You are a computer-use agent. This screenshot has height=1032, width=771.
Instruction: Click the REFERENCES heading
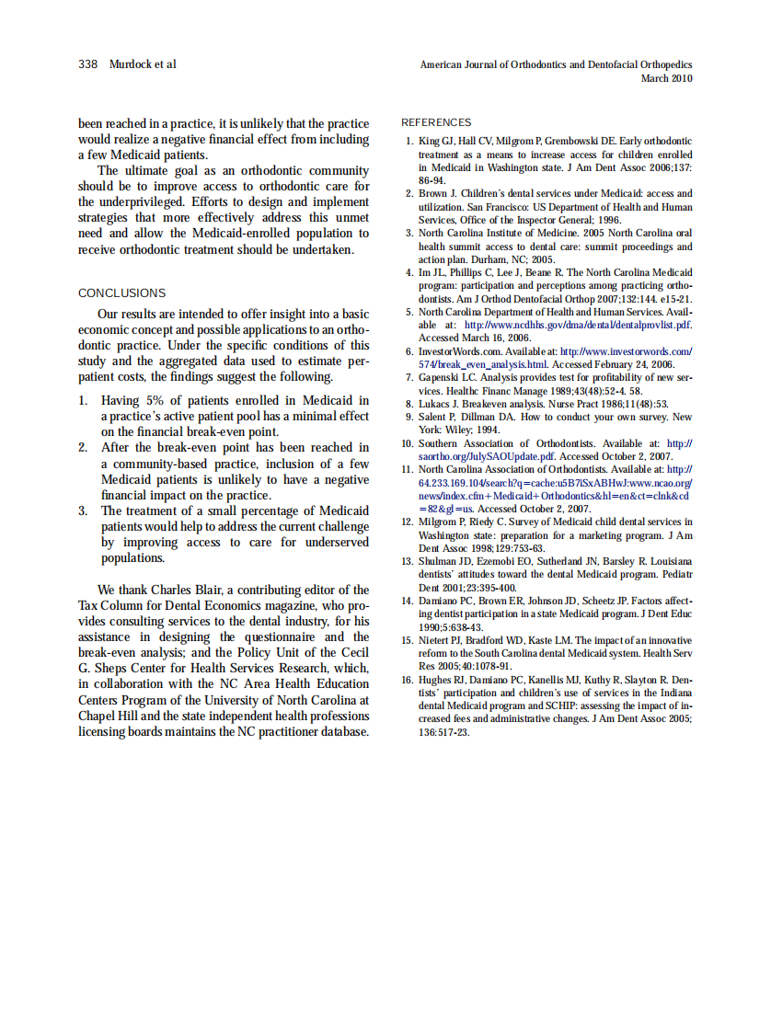pos(436,122)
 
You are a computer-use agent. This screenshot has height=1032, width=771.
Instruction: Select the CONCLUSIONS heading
pos(121,293)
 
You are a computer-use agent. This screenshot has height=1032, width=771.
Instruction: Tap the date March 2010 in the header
pos(666,78)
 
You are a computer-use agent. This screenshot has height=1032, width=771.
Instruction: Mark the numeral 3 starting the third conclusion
pos(82,510)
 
